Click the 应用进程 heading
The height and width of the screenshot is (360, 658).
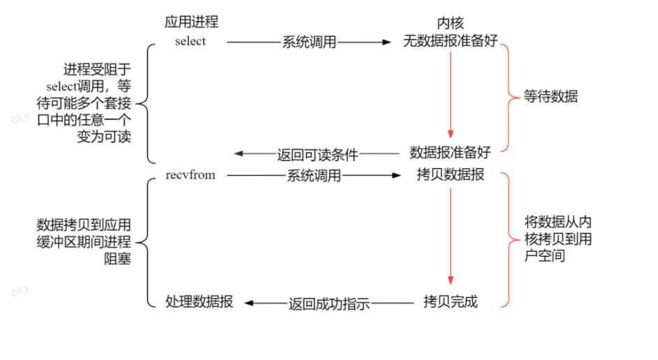pos(190,22)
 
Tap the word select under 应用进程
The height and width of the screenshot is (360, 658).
pos(190,41)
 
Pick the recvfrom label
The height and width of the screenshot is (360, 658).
pos(190,175)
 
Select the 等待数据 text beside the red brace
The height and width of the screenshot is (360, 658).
pos(551,97)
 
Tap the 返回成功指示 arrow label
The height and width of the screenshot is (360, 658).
pos(328,303)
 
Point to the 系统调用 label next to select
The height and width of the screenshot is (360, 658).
pos(309,43)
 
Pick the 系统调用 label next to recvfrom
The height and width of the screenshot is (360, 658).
pos(314,176)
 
